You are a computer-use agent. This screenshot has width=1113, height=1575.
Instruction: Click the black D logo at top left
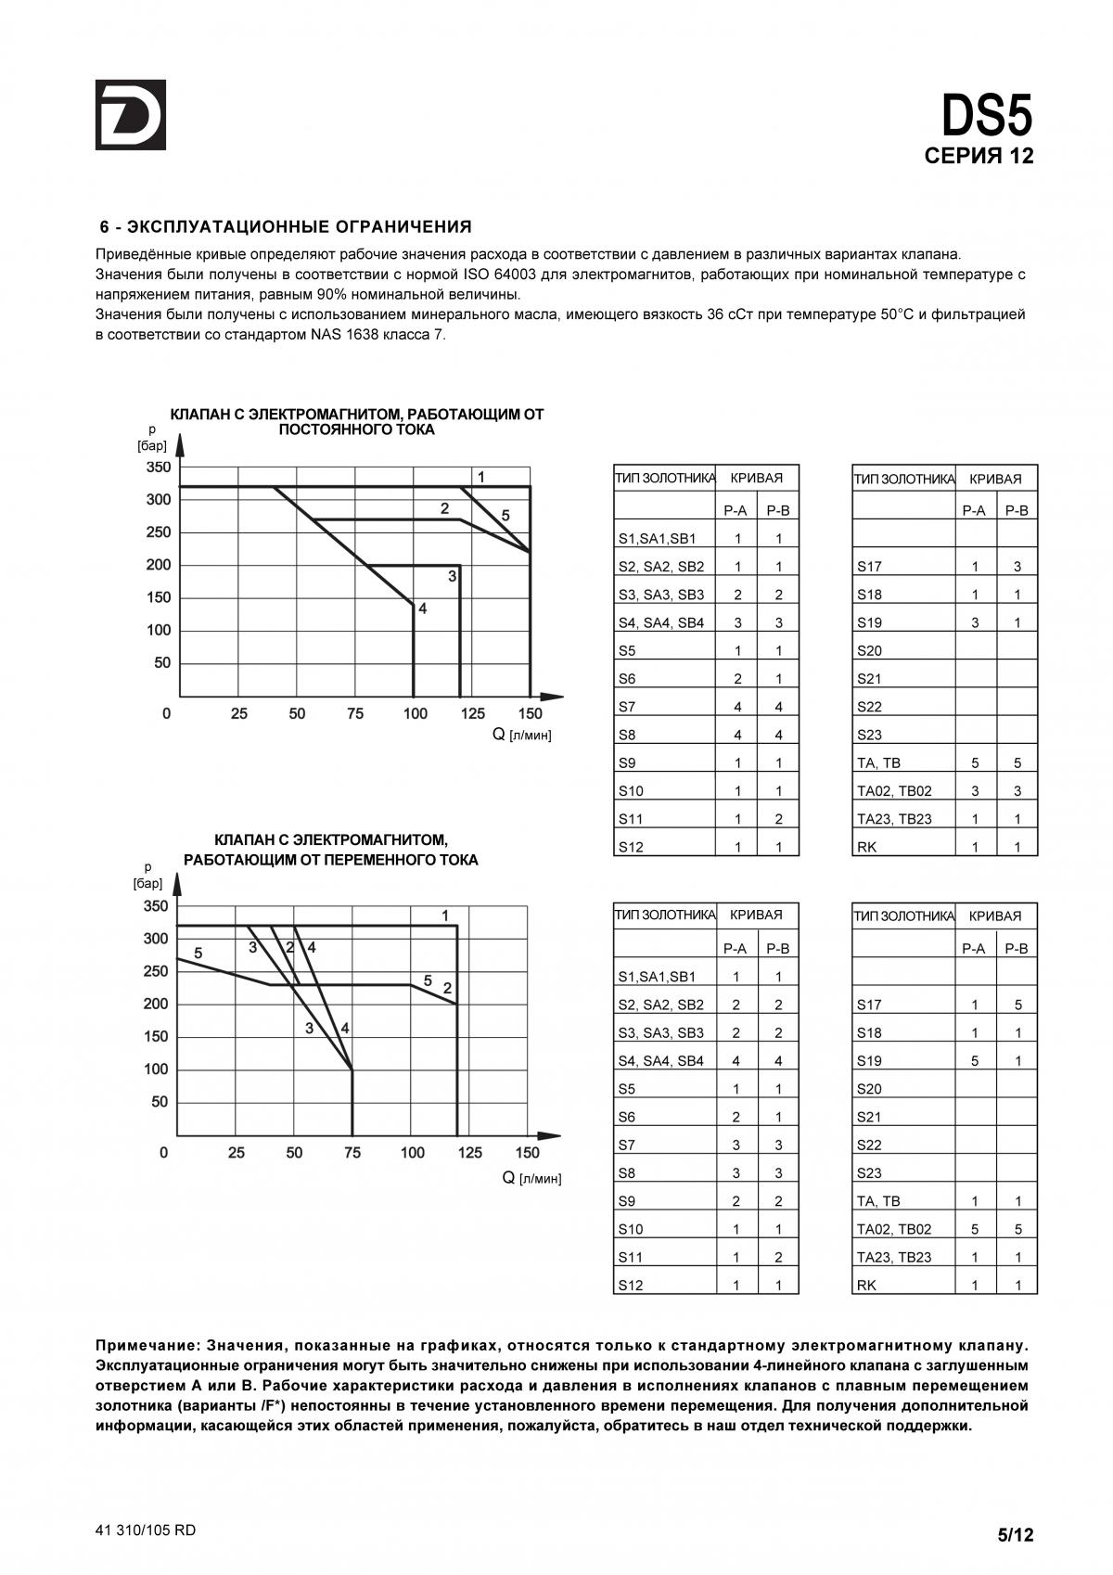pos(130,115)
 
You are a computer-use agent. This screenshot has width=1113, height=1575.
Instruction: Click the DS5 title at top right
pos(986,117)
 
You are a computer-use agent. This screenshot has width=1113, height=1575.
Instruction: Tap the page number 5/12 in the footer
pos(1015,1535)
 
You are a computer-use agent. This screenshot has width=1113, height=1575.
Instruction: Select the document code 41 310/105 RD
pos(146,1530)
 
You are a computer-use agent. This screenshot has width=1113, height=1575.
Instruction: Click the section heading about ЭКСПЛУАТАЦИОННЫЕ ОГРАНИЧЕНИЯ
pos(286,226)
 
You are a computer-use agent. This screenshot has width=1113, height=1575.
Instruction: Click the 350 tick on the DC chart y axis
pos(159,467)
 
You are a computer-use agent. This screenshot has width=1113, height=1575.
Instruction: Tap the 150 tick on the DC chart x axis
pos(530,713)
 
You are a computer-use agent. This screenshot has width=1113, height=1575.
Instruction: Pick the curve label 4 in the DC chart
pos(422,609)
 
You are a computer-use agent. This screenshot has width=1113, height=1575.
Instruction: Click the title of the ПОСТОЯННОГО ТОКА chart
pos(357,422)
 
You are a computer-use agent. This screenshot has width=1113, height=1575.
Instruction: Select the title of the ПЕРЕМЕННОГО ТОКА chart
pos(331,850)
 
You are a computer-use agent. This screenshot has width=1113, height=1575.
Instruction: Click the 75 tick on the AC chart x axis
pos(352,1153)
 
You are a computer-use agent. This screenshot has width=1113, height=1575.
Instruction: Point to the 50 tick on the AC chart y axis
pos(160,1102)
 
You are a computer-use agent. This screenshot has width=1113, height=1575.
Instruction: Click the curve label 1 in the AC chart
pos(445,916)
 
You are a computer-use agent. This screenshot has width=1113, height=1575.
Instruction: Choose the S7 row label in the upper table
pos(627,707)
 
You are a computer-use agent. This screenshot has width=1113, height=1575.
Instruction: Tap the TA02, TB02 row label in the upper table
pos(894,791)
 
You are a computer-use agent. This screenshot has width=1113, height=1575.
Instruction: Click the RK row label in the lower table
pos(866,1285)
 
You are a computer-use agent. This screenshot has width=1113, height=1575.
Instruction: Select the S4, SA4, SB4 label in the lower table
pos(660,1061)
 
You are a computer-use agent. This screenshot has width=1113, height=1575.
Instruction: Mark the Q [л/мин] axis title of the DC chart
pos(521,735)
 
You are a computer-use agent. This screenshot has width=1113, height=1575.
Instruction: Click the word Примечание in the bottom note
pos(147,1345)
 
